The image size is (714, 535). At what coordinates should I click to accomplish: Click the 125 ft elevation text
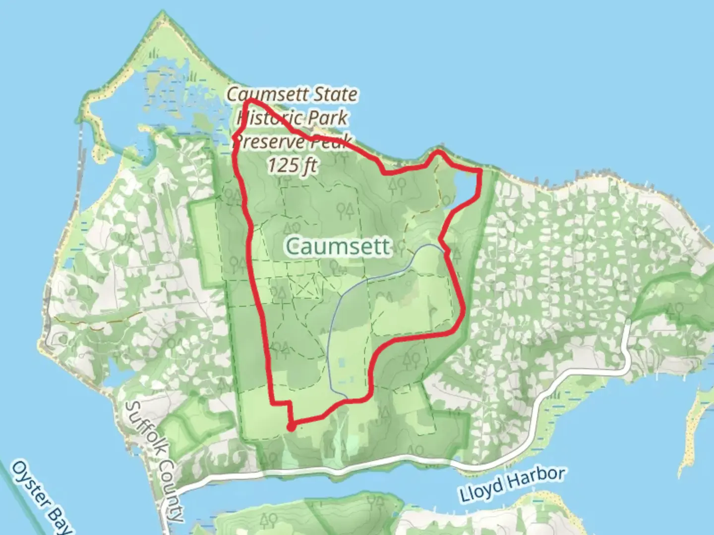click(293, 165)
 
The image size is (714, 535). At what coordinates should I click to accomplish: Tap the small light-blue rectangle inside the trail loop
click(342, 363)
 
